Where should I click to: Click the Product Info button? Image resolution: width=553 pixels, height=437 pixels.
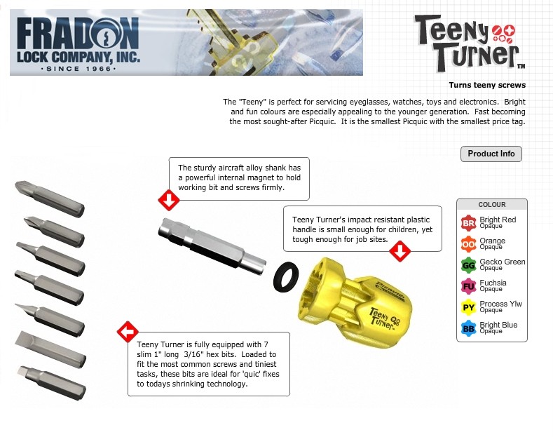tap(491, 154)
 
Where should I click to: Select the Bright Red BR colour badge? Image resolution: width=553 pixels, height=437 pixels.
tap(468, 223)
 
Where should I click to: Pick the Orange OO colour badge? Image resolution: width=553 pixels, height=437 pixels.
tap(468, 244)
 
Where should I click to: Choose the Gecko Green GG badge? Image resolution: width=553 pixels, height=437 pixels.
tap(468, 265)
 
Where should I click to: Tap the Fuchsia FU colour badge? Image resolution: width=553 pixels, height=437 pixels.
tap(468, 286)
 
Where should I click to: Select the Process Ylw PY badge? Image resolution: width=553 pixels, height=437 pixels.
tap(468, 307)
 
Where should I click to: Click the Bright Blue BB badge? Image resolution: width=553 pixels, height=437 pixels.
tap(468, 329)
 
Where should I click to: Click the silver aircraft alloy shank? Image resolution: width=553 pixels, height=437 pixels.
tap(212, 246)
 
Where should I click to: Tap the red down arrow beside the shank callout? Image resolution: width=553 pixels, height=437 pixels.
tap(169, 200)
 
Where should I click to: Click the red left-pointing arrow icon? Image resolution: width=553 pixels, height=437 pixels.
tap(128, 332)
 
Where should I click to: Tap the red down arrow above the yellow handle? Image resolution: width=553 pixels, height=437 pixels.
tap(400, 251)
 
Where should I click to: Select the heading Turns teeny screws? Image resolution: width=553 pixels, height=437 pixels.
tap(487, 85)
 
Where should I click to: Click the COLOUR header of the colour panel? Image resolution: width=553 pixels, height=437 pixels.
tap(492, 205)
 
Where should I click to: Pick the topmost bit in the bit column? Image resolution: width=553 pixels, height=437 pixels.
tap(50, 199)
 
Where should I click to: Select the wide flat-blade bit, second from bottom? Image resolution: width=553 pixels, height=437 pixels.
tap(50, 350)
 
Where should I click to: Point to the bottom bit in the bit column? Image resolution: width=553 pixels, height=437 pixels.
tap(51, 383)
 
